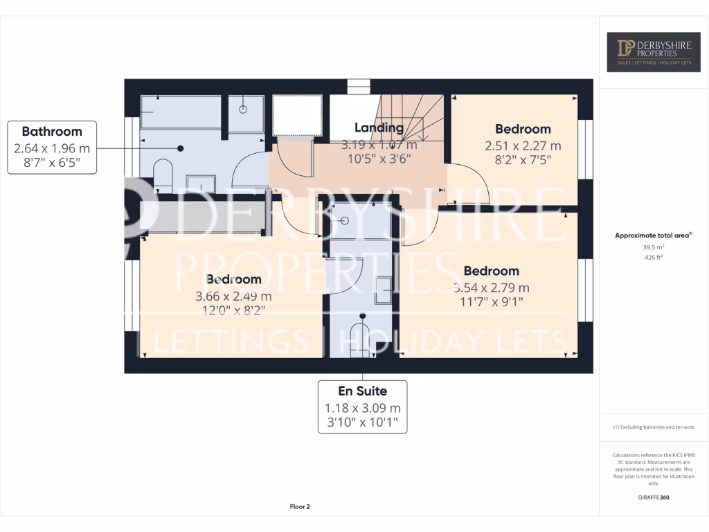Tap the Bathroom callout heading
tap(52, 131)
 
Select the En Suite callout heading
tap(362, 391)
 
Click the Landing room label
tap(379, 127)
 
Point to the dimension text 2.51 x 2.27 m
tap(523, 145)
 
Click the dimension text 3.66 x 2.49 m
tap(233, 296)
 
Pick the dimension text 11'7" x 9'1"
tap(492, 302)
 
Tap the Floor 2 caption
tap(300, 506)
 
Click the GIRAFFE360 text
tap(653, 497)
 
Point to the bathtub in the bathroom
tap(181, 112)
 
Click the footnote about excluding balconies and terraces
tap(653, 427)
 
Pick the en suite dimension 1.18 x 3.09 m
tap(362, 408)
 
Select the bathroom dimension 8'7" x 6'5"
tap(52, 166)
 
